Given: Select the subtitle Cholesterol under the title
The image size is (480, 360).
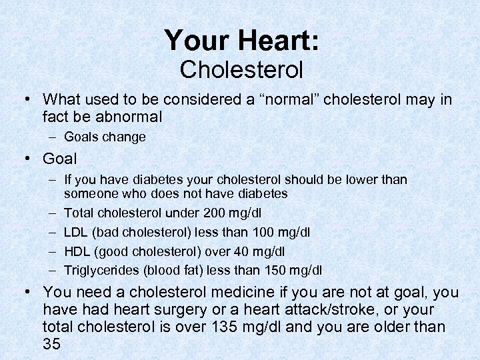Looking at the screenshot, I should (x=241, y=69).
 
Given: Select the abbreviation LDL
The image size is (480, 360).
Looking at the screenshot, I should (x=75, y=232).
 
